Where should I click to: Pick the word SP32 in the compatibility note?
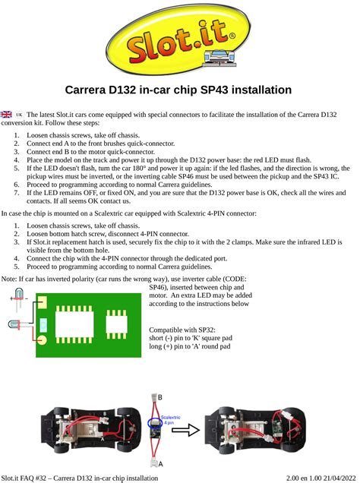click(x=204, y=331)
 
